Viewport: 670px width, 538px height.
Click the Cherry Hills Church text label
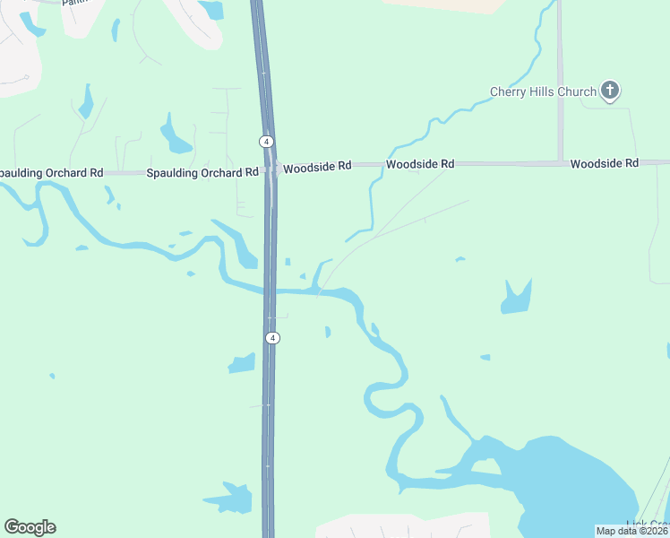point(543,91)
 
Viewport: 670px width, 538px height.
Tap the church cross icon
point(610,90)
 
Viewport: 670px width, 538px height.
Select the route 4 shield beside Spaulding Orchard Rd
point(266,142)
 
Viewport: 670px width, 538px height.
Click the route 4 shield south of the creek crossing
point(273,338)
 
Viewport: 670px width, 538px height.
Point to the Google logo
point(30,527)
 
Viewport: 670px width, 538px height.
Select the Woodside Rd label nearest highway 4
point(318,165)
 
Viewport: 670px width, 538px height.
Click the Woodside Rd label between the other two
point(420,164)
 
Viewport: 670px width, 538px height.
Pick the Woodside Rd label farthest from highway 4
point(604,163)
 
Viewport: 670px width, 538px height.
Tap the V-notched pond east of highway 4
point(516,299)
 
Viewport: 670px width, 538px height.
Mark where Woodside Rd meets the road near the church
point(561,163)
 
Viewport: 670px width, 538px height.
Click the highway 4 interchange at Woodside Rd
point(271,169)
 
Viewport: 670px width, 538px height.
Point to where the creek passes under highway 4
point(270,291)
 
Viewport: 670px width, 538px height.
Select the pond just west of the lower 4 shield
point(242,363)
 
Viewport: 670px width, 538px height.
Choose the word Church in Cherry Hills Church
point(576,91)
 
